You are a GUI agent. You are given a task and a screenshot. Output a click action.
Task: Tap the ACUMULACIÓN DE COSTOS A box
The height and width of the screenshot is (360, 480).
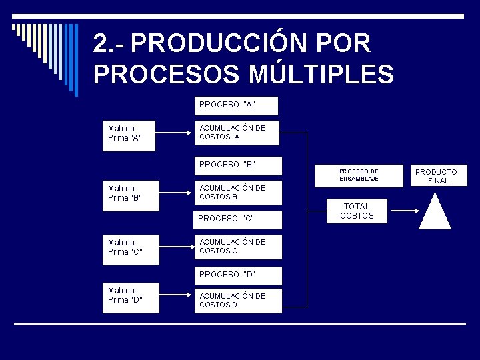[x=236, y=133]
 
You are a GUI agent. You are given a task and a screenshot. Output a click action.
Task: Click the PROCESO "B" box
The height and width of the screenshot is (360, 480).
[x=237, y=165]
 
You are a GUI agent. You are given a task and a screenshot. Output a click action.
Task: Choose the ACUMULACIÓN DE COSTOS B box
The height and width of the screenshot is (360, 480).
[x=237, y=193]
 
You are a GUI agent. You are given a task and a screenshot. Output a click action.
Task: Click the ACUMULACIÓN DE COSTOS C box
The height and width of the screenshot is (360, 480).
[x=237, y=247]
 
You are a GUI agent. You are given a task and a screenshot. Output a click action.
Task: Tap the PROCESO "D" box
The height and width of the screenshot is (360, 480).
[x=237, y=275]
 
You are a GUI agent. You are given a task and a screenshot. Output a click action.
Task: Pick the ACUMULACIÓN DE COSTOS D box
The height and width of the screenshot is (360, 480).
[x=237, y=301]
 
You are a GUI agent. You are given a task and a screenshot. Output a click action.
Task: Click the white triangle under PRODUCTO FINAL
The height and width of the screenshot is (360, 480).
[x=435, y=213]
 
